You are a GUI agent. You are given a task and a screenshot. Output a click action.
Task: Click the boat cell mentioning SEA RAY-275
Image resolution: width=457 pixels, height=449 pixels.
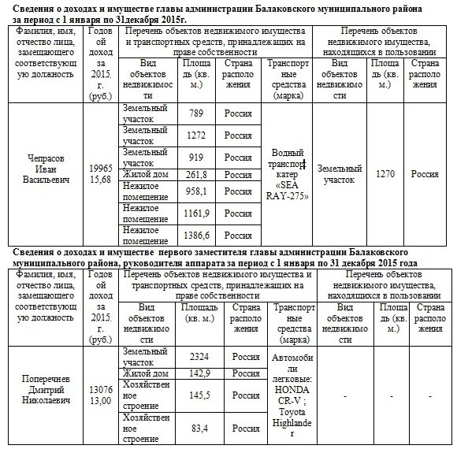tap(288, 174)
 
